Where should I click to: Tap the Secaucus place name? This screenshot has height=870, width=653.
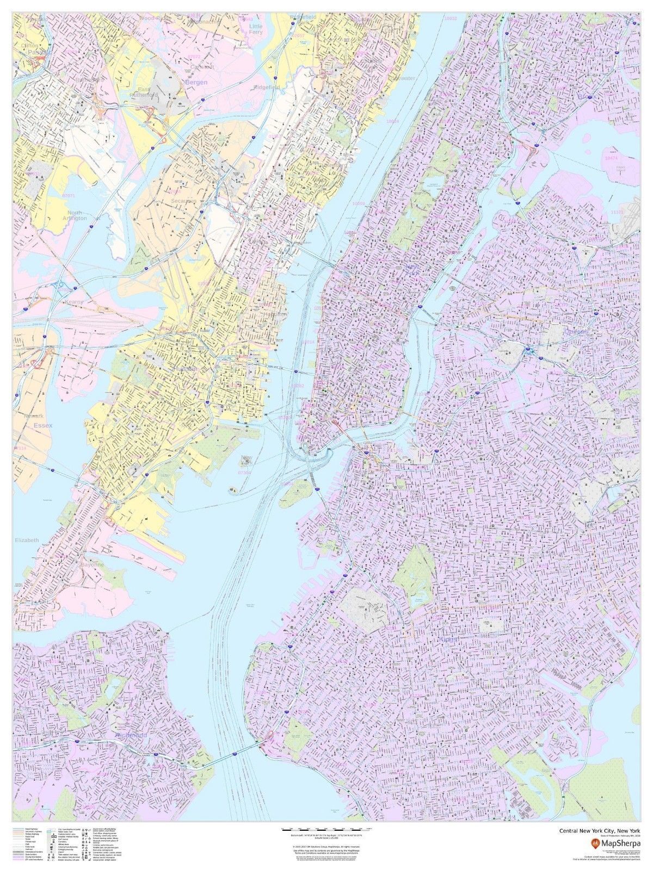[183, 201]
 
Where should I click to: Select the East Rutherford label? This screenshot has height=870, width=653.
[144, 92]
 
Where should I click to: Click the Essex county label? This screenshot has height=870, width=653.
[41, 425]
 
